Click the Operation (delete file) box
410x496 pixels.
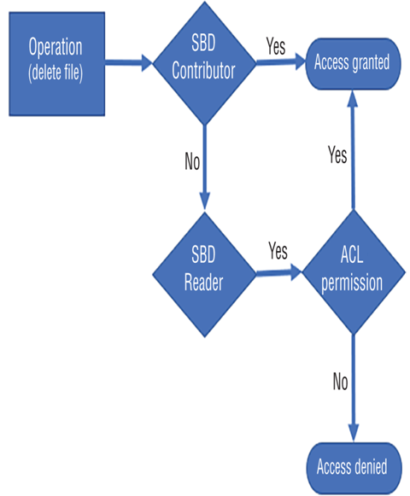tap(57, 64)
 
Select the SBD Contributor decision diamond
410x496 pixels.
tap(204, 62)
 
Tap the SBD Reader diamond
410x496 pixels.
tap(204, 274)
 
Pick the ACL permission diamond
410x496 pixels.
tap(354, 272)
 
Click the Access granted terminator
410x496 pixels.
tap(353, 64)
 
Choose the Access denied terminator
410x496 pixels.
tap(354, 468)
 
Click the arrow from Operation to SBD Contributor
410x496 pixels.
tap(129, 62)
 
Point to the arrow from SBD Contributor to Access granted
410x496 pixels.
tap(281, 61)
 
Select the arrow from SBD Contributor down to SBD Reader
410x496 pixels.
tap(205, 167)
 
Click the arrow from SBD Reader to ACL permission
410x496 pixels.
tap(278, 273)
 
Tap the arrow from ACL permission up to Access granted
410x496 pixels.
tap(353, 150)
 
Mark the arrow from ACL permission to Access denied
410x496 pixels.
tap(354, 388)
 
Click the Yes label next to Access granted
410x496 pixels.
tap(276, 46)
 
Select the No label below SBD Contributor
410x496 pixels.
tap(192, 161)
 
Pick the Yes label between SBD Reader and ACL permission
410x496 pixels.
tap(278, 250)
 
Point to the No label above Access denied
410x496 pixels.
tap(341, 381)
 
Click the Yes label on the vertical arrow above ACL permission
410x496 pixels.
tap(337, 155)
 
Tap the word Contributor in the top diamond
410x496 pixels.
tap(203, 71)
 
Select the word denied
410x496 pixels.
tap(370, 467)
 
